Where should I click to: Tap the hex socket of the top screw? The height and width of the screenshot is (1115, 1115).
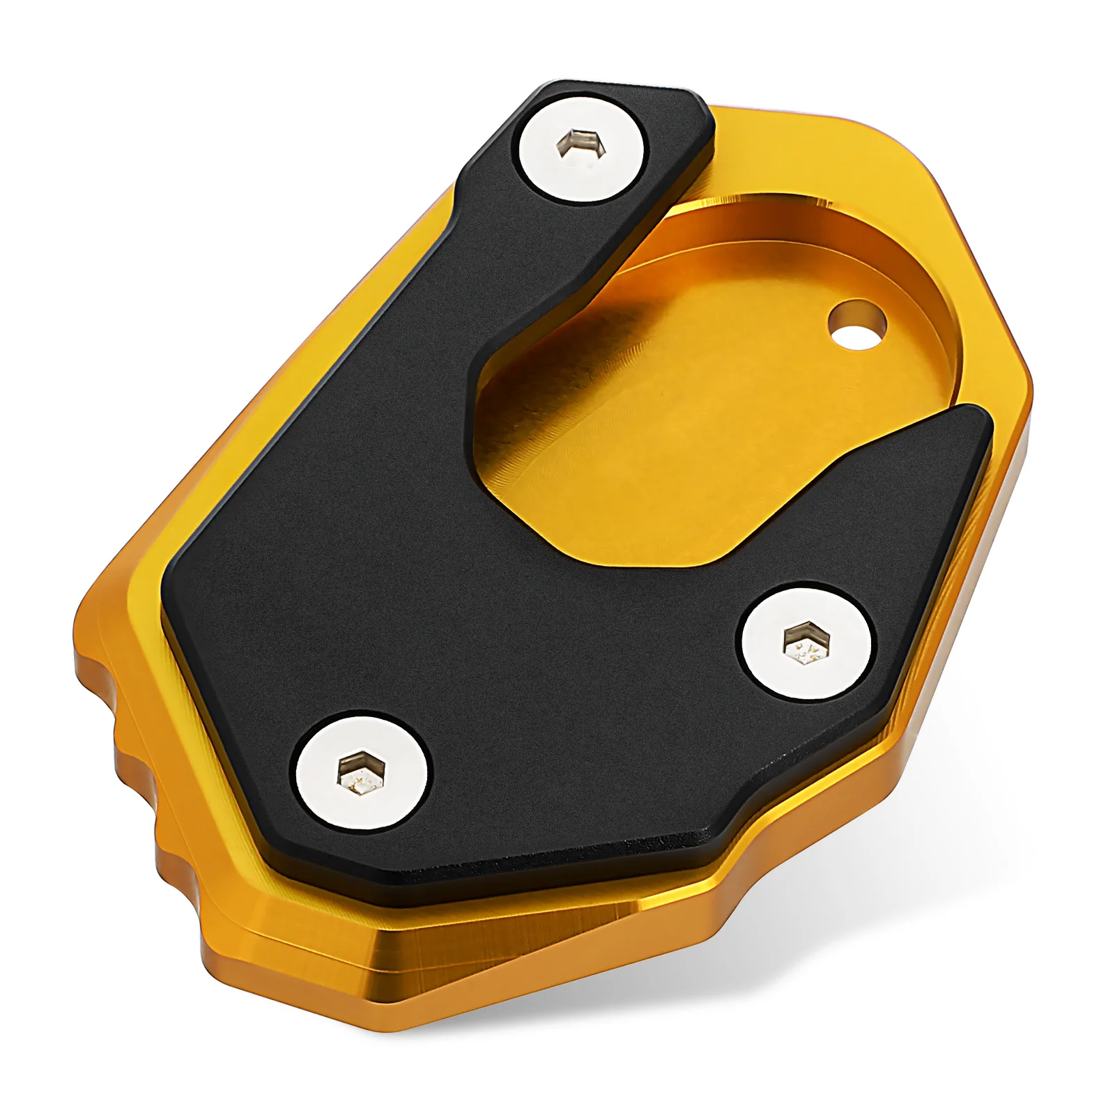click(580, 144)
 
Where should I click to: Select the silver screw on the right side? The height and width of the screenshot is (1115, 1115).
click(806, 644)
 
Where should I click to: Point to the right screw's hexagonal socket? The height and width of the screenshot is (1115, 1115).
click(807, 644)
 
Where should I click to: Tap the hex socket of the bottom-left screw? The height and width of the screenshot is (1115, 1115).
click(360, 772)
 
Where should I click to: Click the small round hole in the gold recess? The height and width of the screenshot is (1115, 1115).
click(856, 325)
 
